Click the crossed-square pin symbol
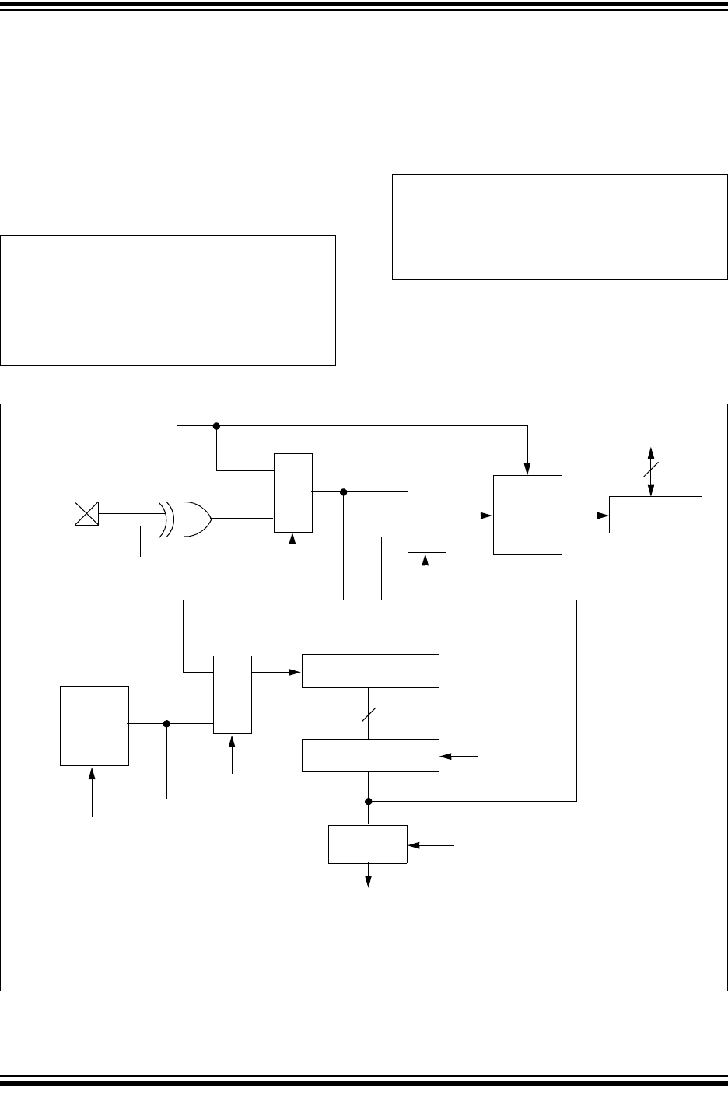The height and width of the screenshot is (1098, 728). click(86, 514)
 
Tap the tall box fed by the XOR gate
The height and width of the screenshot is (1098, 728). click(293, 493)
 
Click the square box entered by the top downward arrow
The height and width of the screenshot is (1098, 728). click(527, 515)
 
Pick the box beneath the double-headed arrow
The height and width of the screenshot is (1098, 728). click(655, 514)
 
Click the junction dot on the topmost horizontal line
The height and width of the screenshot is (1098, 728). click(217, 425)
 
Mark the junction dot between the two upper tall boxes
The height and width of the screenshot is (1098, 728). click(343, 491)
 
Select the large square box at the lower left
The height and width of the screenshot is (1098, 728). click(95, 726)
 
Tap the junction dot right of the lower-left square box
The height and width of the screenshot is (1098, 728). click(166, 723)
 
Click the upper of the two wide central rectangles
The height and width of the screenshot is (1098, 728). click(370, 671)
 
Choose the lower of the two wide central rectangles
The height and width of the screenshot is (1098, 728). click(370, 755)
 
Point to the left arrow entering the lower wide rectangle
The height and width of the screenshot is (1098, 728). click(458, 755)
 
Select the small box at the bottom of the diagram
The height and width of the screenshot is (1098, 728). click(368, 844)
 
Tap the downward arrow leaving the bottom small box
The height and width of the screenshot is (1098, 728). click(369, 876)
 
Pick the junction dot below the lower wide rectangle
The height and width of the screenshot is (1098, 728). click(369, 800)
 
